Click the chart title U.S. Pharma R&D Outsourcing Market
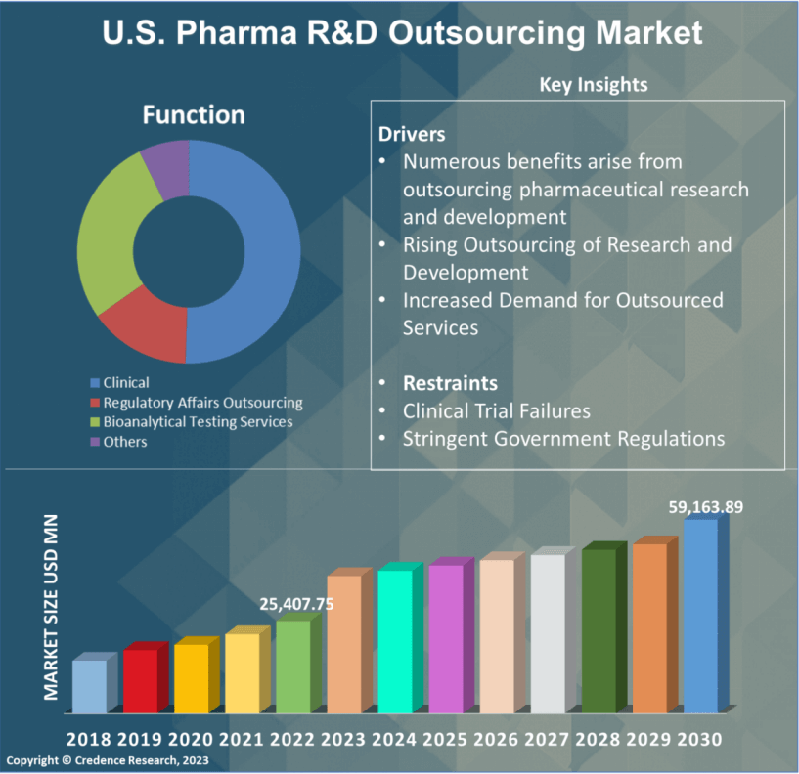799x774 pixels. [x=402, y=33]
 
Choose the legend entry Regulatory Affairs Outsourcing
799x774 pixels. [x=202, y=402]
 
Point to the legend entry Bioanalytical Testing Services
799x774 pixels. [x=198, y=421]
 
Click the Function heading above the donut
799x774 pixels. [x=194, y=115]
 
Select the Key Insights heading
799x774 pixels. [x=594, y=85]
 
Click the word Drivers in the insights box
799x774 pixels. [x=412, y=134]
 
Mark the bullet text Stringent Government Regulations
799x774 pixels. [x=563, y=438]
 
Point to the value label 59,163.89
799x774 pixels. [x=706, y=507]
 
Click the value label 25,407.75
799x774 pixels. [x=296, y=604]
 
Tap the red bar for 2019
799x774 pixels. [x=140, y=680]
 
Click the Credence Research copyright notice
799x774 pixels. [x=105, y=760]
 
